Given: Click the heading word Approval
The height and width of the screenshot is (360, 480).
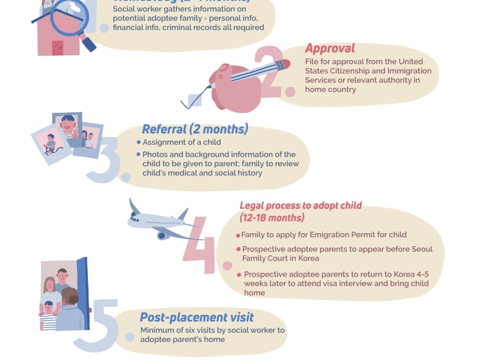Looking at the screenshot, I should [330, 49].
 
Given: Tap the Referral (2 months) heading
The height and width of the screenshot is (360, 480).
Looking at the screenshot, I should [195, 129].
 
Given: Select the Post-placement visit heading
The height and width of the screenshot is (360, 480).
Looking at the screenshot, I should [197, 317].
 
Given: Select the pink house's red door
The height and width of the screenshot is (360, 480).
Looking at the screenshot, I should [57, 48].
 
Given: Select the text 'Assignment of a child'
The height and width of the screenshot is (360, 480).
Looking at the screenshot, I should [182, 142].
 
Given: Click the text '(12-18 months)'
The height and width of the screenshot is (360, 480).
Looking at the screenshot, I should [272, 218].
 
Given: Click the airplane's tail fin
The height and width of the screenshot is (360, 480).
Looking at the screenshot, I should [135, 207].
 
